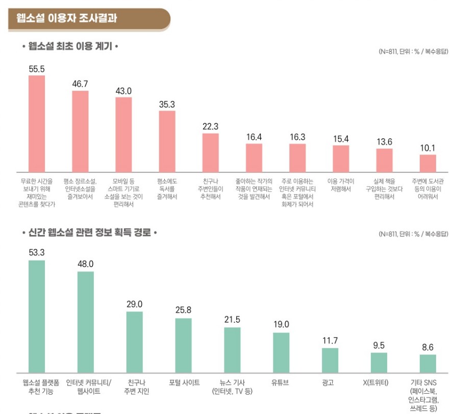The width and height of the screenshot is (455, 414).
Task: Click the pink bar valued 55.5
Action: [x=37, y=123]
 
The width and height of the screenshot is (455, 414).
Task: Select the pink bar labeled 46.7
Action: [x=80, y=131]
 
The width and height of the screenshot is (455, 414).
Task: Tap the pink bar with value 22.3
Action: [x=210, y=152]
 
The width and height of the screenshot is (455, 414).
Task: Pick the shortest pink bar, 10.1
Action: [x=427, y=163]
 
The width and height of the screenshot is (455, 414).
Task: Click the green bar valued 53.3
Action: [x=37, y=316]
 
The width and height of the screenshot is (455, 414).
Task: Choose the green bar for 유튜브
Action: [x=281, y=352]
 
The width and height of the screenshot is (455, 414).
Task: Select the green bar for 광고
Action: [x=330, y=360]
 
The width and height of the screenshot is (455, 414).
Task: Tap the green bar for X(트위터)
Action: [x=378, y=362]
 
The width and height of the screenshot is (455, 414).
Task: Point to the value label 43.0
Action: [x=123, y=91]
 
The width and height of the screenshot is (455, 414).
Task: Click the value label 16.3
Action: [x=297, y=137]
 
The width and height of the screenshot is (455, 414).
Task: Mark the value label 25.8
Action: [x=183, y=309]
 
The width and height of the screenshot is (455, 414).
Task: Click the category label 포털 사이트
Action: [x=184, y=382]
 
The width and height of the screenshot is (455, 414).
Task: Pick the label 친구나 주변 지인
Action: [x=135, y=387]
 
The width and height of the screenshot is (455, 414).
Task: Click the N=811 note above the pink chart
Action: [x=413, y=51]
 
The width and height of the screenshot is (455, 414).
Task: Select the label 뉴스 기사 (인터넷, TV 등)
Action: [x=232, y=387]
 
